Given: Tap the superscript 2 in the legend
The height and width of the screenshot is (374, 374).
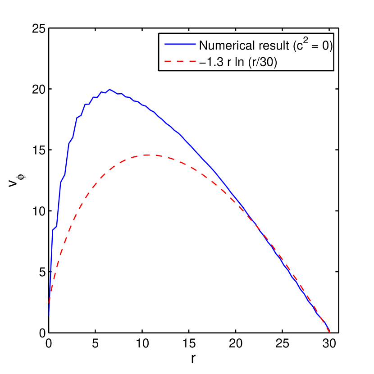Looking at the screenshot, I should click(x=305, y=41).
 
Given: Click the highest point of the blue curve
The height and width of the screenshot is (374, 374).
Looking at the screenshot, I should click(x=109, y=90).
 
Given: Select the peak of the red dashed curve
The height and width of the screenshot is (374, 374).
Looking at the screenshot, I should click(x=149, y=155).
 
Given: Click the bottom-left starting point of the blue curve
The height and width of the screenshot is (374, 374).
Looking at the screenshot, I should click(x=49, y=315).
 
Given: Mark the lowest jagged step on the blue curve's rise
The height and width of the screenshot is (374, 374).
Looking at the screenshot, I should click(x=54, y=228).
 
